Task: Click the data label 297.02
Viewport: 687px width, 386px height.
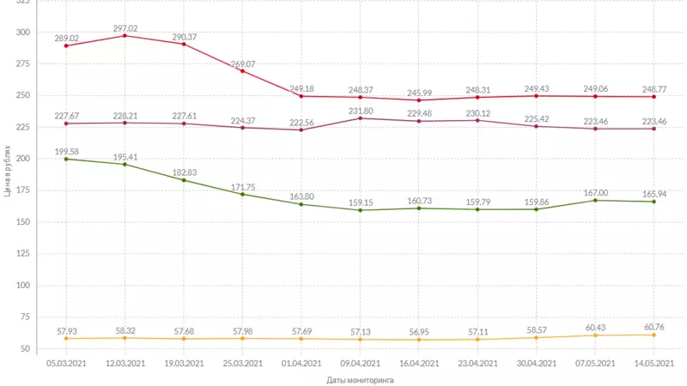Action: tap(125, 27)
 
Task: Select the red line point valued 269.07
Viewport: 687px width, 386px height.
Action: tap(243, 71)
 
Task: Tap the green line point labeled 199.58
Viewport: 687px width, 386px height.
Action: tap(66, 159)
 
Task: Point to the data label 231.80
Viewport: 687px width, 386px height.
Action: tap(361, 111)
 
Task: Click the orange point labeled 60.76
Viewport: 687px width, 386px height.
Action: tap(654, 335)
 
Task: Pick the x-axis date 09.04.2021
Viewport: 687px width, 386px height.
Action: tap(361, 364)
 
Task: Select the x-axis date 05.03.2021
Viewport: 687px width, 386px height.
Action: tap(66, 364)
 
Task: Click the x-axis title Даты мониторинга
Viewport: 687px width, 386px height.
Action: tap(361, 379)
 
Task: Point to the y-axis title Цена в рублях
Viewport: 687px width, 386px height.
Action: tap(7, 172)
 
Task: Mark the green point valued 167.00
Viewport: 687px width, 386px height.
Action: tap(596, 200)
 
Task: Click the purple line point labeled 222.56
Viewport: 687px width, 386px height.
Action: tap(301, 130)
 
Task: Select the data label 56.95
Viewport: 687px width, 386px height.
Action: tap(420, 330)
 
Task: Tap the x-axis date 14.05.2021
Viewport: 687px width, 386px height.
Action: tap(654, 364)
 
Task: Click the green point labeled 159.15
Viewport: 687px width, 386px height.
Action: tap(361, 210)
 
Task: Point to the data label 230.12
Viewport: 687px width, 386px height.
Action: tap(478, 112)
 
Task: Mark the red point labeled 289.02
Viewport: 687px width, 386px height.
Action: tap(66, 45)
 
